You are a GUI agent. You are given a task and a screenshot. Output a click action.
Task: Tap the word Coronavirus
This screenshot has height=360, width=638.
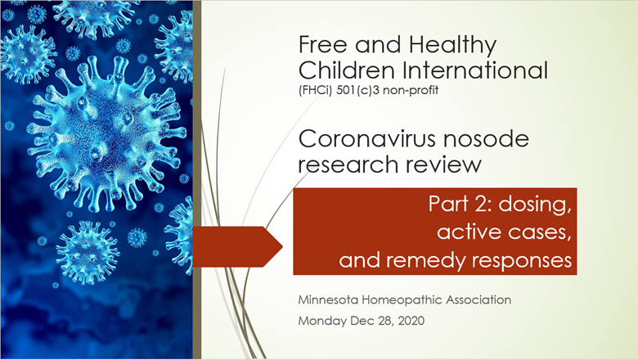pyautogui.click(x=367, y=139)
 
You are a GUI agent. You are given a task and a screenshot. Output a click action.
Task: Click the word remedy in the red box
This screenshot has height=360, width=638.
pyautogui.click(x=425, y=261)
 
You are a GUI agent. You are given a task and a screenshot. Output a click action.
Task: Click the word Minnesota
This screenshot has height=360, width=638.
pyautogui.click(x=328, y=300)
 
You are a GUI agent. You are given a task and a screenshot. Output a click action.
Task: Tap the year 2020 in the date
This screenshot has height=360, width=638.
pyautogui.click(x=411, y=321)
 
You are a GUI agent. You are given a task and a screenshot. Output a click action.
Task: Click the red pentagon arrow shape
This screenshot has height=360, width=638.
pyautogui.click(x=237, y=246)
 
